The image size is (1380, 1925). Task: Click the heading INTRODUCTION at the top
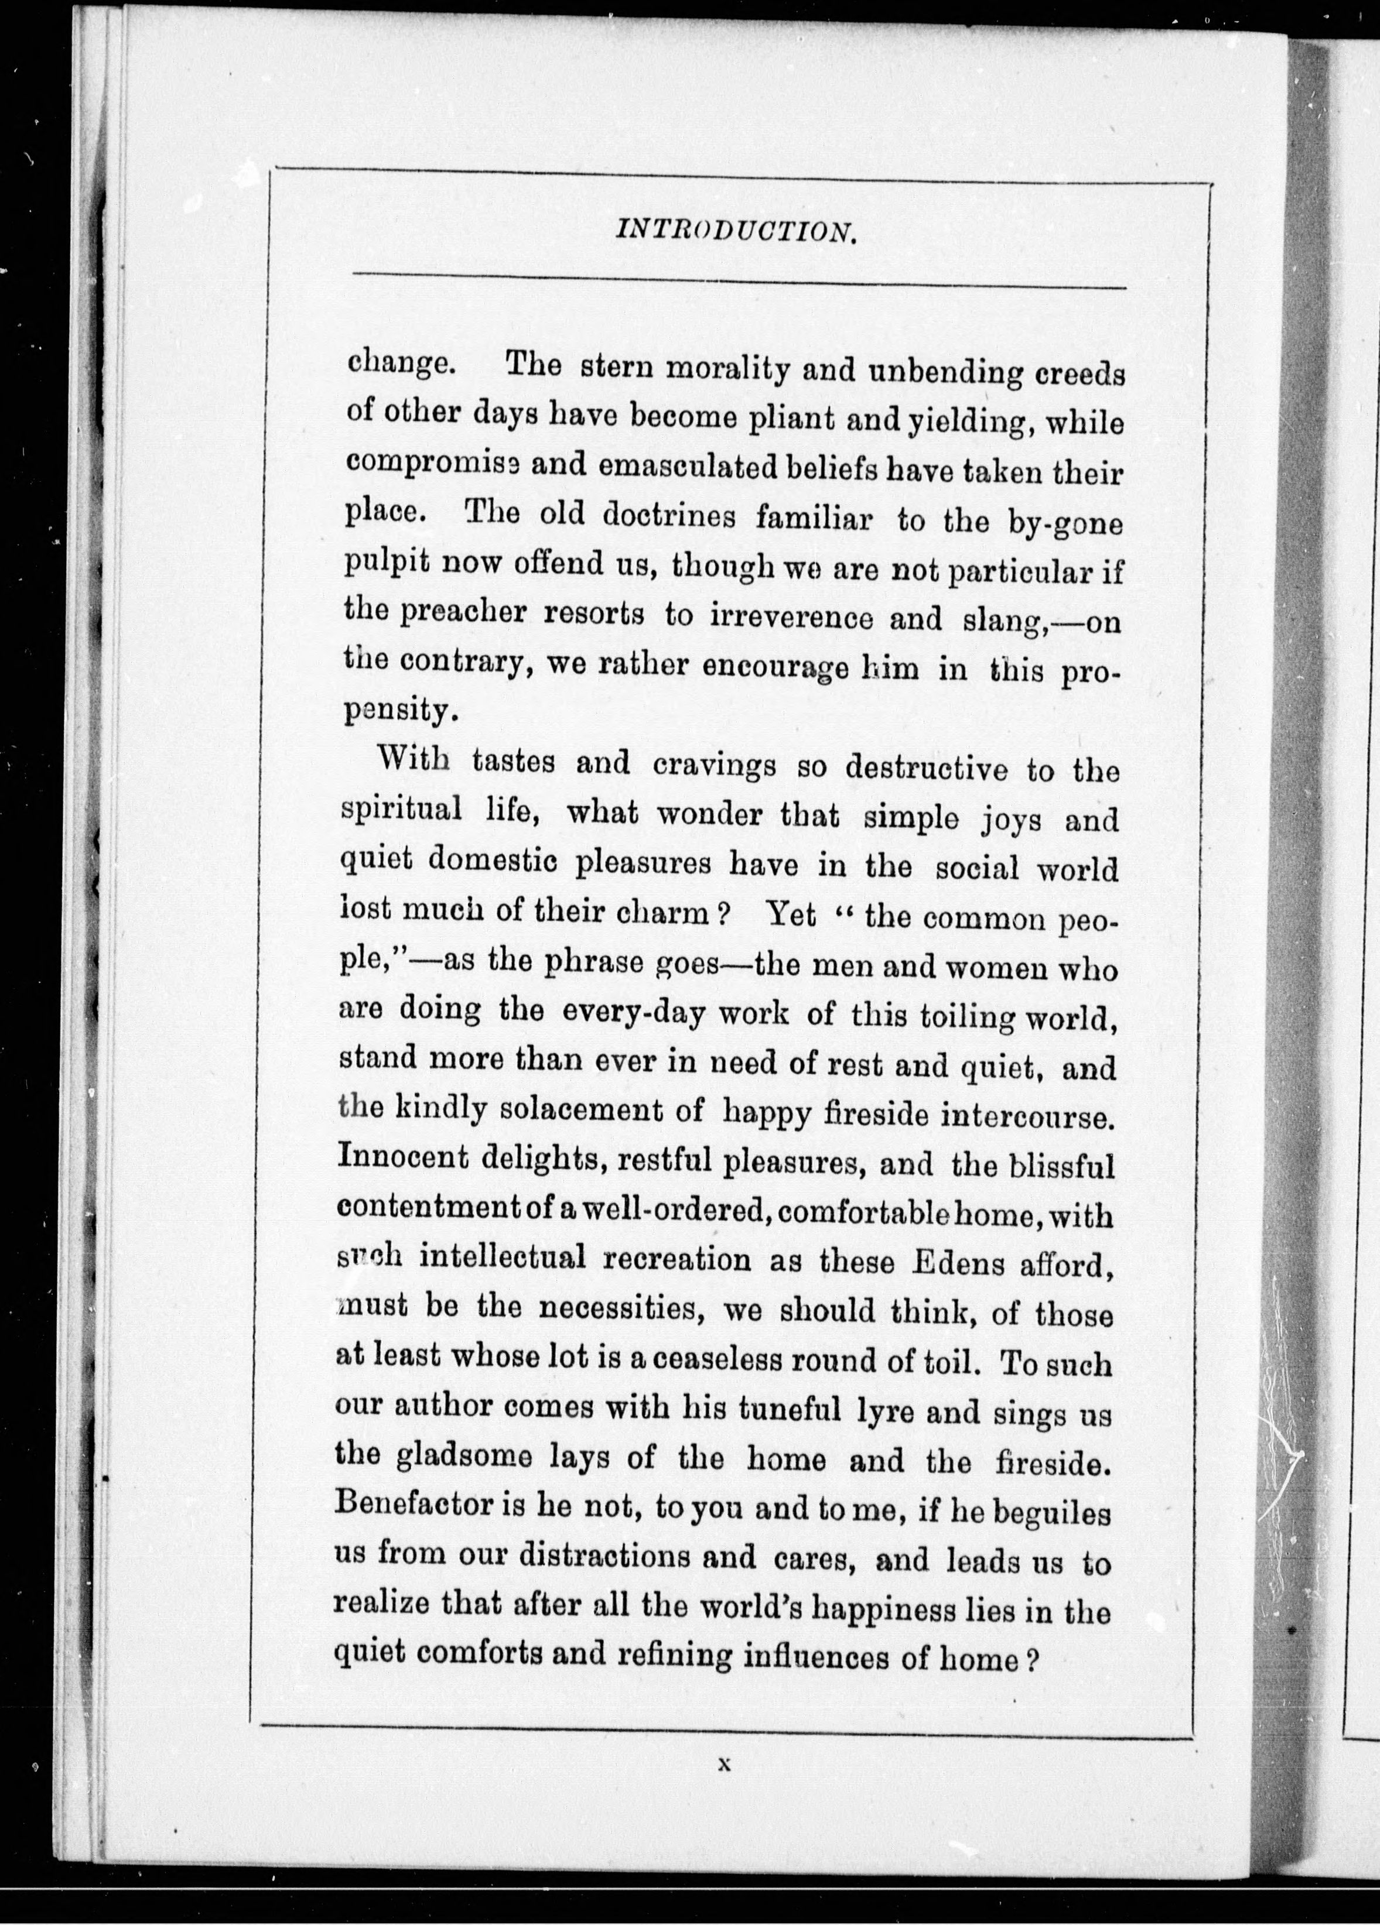[x=736, y=230]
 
